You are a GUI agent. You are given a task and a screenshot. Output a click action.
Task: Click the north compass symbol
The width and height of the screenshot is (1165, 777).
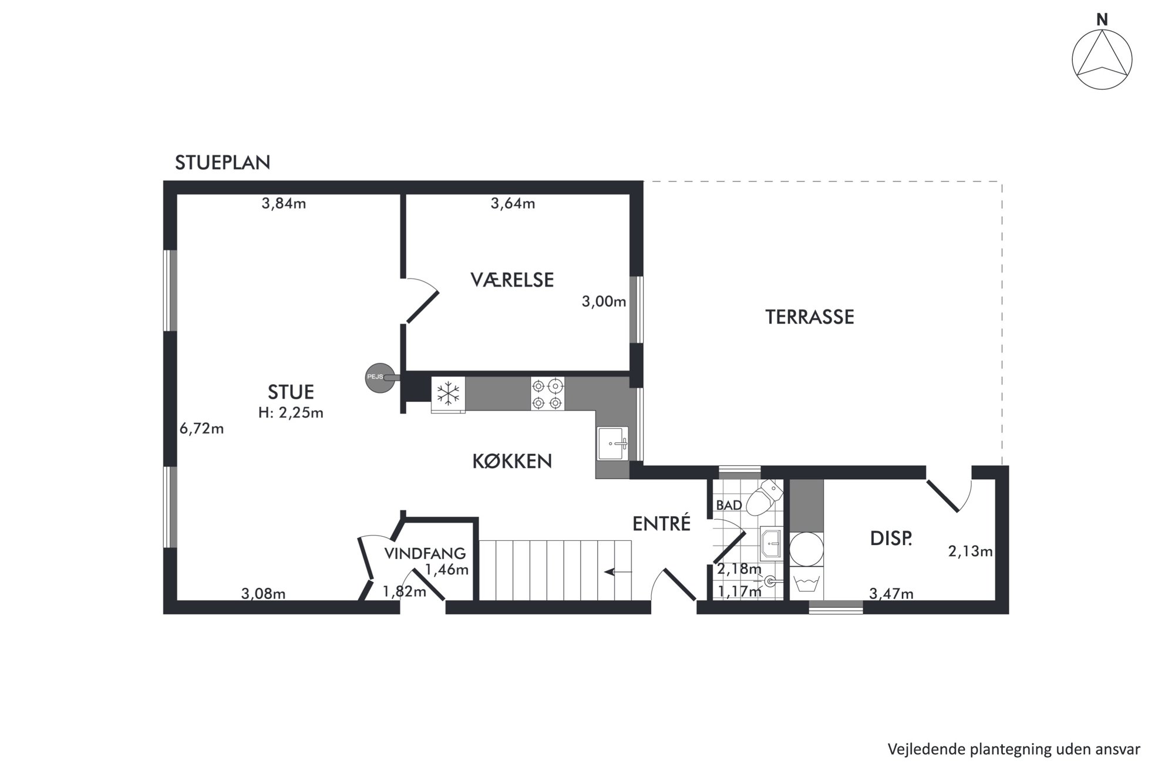pos(1102,59)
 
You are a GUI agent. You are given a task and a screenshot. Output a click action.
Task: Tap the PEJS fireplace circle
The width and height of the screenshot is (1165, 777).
pos(380,378)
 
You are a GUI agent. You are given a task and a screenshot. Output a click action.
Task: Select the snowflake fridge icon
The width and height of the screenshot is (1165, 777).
pos(448,393)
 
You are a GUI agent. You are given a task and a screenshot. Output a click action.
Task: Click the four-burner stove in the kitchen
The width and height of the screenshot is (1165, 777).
pos(547,393)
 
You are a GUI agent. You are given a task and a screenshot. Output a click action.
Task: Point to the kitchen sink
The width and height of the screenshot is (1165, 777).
pos(612,443)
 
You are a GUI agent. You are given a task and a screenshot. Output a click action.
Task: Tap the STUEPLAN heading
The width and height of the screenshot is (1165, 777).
pos(223,163)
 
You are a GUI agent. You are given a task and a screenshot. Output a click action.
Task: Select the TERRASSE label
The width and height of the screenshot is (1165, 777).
pos(809,317)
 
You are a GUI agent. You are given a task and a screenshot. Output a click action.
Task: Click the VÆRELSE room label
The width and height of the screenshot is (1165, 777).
pos(512,280)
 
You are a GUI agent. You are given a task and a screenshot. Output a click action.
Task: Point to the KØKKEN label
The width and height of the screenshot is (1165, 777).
pos(512,462)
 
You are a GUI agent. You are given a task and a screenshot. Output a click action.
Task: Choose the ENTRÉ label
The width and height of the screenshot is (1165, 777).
pos(661,523)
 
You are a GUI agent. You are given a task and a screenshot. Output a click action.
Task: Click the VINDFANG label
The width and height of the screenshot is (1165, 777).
pos(425,553)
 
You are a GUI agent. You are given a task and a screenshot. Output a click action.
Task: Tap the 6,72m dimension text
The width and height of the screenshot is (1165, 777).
pos(201,429)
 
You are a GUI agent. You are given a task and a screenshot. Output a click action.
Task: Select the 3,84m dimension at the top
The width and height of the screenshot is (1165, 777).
pos(284,204)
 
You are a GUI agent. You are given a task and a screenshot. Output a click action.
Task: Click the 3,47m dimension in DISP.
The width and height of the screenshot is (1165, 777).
pos(891,594)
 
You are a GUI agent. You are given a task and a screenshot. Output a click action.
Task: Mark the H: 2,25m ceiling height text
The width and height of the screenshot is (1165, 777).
pos(291,413)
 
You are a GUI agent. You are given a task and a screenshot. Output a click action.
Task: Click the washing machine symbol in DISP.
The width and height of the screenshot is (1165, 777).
pos(806,583)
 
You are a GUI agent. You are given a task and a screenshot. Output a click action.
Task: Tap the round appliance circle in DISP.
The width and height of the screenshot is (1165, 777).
pos(806,549)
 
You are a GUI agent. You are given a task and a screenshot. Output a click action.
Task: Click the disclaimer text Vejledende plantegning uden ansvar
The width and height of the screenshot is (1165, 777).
pos(1014,749)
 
